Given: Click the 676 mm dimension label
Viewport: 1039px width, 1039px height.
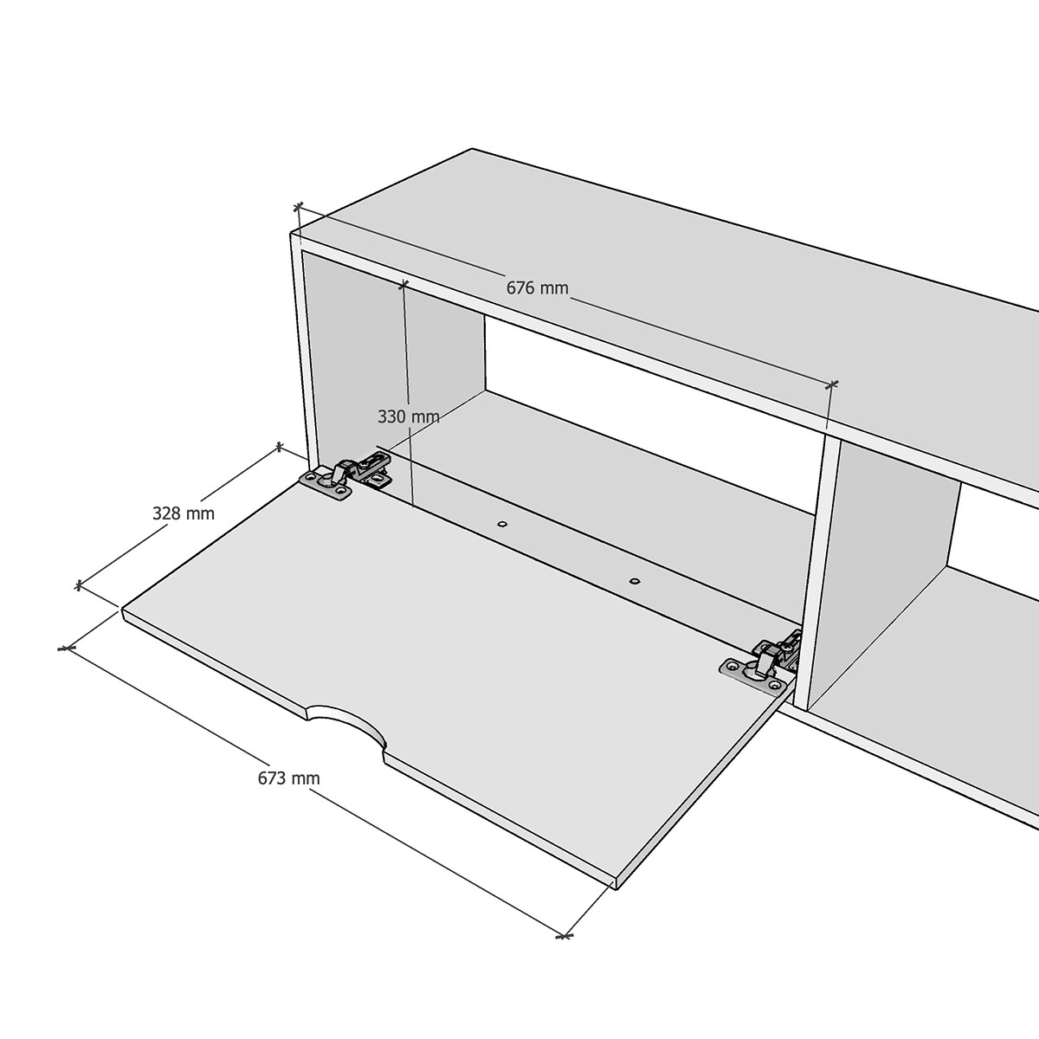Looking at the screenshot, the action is pos(537,288).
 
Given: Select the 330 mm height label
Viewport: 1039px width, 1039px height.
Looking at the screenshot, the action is pos(408,416).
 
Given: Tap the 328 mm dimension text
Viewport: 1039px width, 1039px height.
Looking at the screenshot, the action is pos(184,513).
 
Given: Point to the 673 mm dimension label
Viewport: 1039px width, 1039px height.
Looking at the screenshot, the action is pos(288,778).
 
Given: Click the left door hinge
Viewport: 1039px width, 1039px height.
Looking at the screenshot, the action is pos(346,476).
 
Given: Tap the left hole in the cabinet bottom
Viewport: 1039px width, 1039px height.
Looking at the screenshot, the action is pos(502,524).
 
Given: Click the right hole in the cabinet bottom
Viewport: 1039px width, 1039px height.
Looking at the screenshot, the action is pos(635,582).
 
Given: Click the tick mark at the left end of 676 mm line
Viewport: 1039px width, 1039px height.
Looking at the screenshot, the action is pos(298,207).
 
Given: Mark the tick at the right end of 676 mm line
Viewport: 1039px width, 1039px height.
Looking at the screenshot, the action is pos(832,384).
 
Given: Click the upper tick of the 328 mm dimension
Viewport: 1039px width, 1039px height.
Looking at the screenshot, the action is pos(279,447).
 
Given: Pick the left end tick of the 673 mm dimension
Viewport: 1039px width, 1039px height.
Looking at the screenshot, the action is pos(66,649).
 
